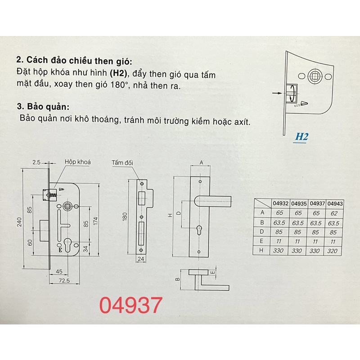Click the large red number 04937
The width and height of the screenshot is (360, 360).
tap(131, 305)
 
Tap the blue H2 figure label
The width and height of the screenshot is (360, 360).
tap(301, 137)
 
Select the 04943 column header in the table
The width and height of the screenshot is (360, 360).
tap(335, 204)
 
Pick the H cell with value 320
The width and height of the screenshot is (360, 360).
tap(332, 251)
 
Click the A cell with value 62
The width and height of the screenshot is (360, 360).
tap(334, 213)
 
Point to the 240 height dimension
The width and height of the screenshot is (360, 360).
tap(19, 222)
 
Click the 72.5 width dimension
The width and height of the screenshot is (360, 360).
tap(64, 280)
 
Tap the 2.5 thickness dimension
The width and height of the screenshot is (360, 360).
tap(36, 162)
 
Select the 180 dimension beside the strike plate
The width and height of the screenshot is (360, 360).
tap(125, 217)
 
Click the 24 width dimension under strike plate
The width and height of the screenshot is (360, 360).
tap(141, 259)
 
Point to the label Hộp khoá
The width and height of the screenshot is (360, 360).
tap(77, 162)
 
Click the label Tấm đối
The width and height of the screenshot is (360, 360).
tap(122, 163)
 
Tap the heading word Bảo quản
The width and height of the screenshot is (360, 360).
tap(48, 107)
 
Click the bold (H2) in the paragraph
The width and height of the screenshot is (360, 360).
tap(118, 73)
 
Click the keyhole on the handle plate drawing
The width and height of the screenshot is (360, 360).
tap(199, 230)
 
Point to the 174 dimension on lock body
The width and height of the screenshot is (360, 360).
tap(96, 221)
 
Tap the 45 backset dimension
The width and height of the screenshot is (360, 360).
tap(59, 272)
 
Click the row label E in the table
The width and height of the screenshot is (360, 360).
tap(261, 241)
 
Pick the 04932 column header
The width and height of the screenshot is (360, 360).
tap(280, 203)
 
